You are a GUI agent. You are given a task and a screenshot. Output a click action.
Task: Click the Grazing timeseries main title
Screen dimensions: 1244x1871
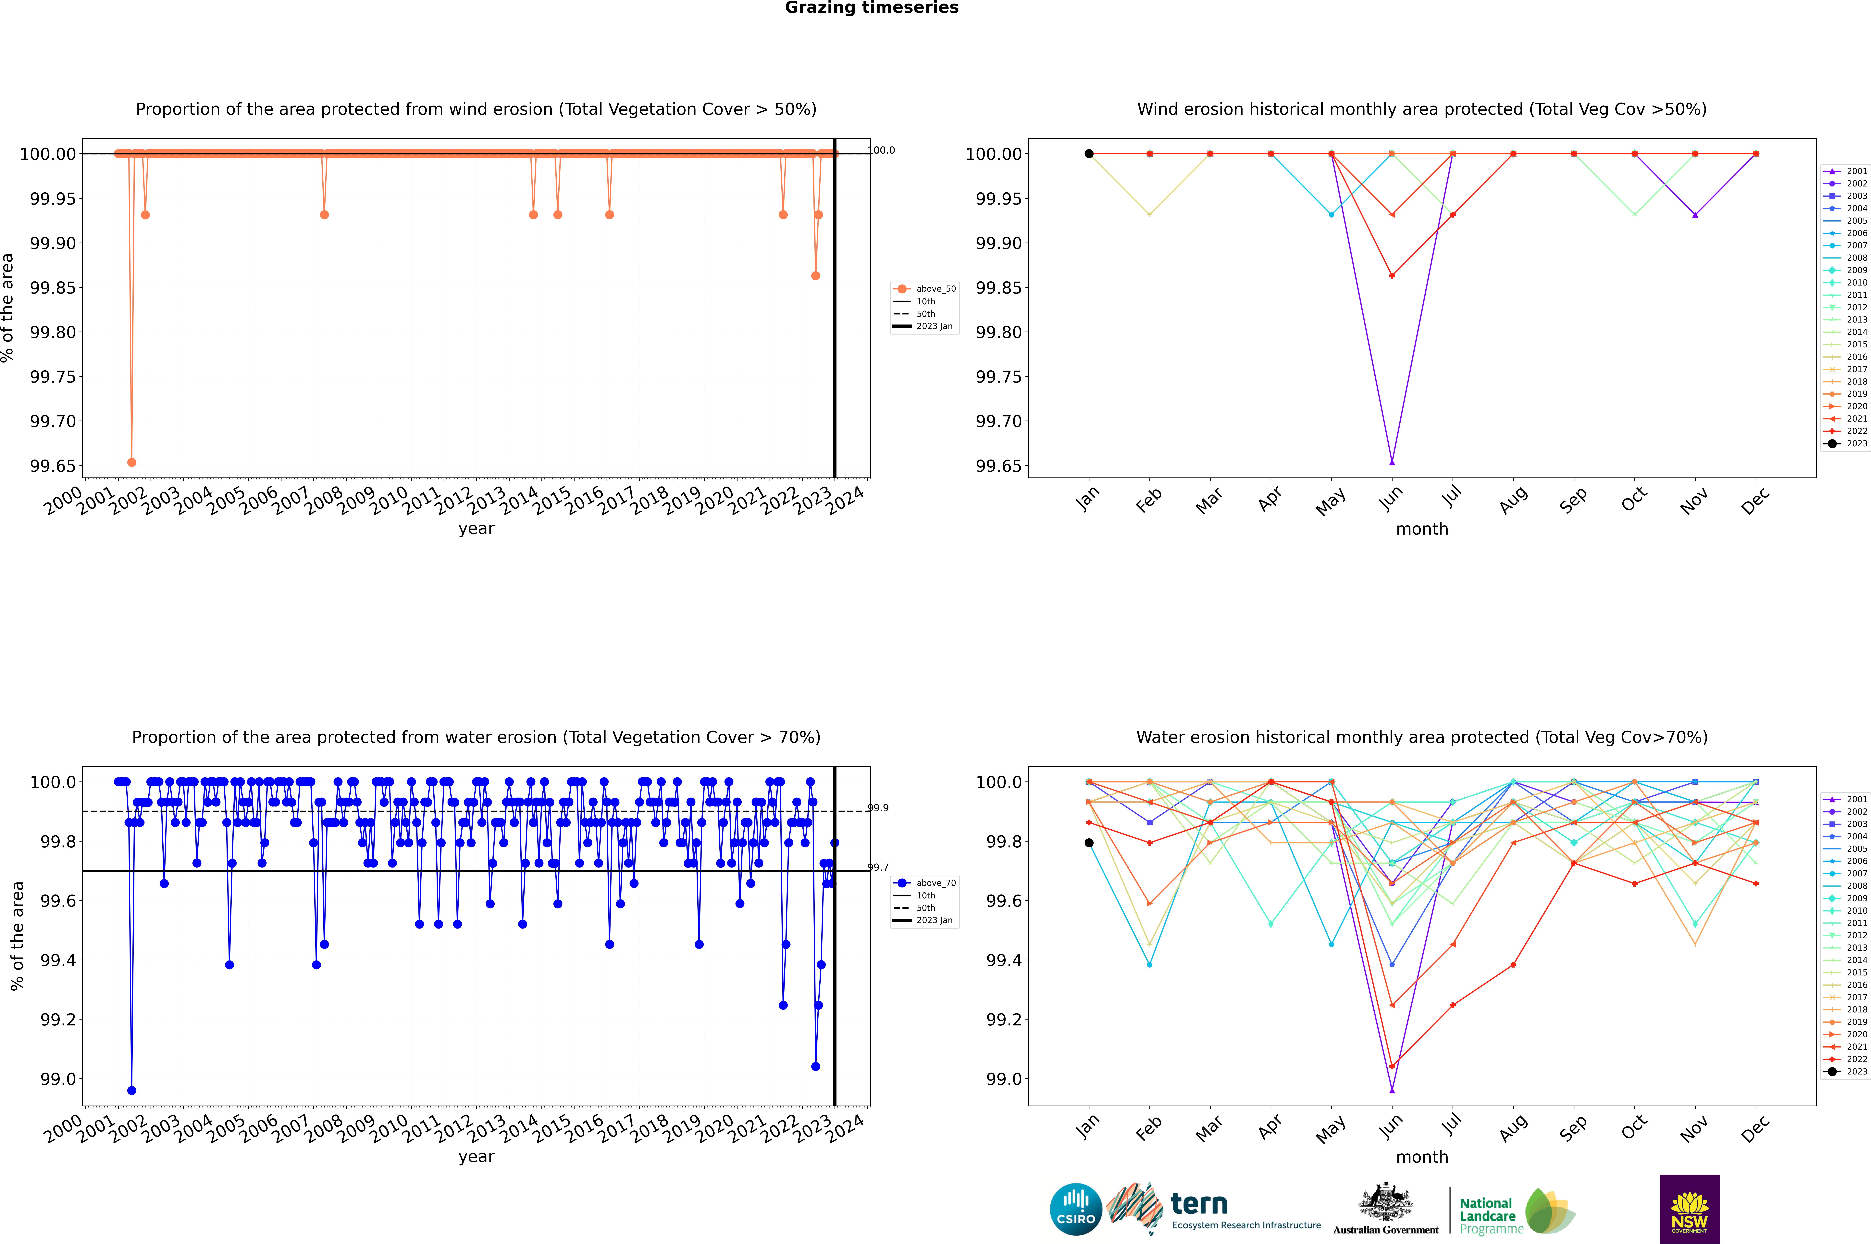[871, 8]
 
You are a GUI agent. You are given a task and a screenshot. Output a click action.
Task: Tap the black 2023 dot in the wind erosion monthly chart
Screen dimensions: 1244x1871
[1089, 154]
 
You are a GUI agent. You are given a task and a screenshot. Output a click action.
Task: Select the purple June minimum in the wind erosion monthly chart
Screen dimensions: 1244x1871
[1392, 462]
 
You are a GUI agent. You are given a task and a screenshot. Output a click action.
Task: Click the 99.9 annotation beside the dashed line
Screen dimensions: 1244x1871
[878, 808]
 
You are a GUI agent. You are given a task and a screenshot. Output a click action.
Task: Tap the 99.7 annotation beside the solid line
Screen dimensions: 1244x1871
[878, 867]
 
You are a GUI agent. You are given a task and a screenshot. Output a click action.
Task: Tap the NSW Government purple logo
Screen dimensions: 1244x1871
[1689, 1209]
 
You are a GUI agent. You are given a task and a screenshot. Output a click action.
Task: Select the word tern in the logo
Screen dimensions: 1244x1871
[1199, 1204]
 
